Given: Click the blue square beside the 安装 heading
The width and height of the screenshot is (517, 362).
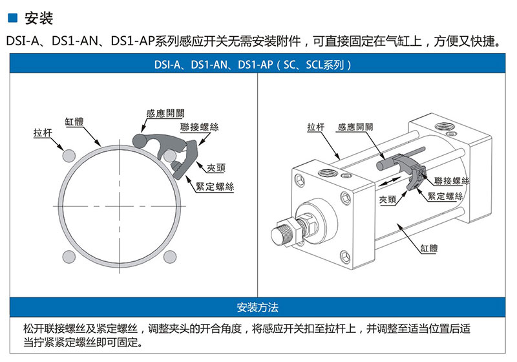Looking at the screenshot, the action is coord(12,18).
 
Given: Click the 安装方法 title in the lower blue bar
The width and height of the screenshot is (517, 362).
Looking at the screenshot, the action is coord(257,307).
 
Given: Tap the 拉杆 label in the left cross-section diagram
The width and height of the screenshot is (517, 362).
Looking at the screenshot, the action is coord(43,133).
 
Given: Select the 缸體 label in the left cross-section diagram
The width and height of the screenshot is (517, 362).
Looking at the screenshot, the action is coord(74,122).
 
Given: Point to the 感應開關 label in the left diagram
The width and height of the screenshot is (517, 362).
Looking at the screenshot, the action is coord(165,113).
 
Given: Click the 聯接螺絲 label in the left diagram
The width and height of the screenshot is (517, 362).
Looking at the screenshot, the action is coord(200,127).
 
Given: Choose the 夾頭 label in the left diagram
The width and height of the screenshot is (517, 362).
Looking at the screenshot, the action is coord(216,168).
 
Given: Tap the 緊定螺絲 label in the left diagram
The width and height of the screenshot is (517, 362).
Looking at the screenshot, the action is coord(215,187).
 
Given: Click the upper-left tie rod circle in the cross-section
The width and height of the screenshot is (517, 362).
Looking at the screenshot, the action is coord(69,156).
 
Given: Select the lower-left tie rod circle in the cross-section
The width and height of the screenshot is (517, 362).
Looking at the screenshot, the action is coord(69,257).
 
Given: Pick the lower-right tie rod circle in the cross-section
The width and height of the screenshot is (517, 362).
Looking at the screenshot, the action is coord(170,257).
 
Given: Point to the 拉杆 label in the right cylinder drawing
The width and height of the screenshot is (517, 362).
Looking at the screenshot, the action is coord(316,127).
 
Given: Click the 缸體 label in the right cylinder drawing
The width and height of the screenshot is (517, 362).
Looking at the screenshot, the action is coord(429,248).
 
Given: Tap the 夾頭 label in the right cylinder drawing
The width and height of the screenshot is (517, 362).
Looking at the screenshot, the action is coord(388,200).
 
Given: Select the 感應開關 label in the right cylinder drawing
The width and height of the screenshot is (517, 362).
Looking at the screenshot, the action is coord(355,127).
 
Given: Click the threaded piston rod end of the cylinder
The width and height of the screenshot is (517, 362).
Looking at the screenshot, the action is coord(281,233).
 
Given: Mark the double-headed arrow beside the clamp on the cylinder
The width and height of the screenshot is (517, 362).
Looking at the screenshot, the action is coord(390,181).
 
